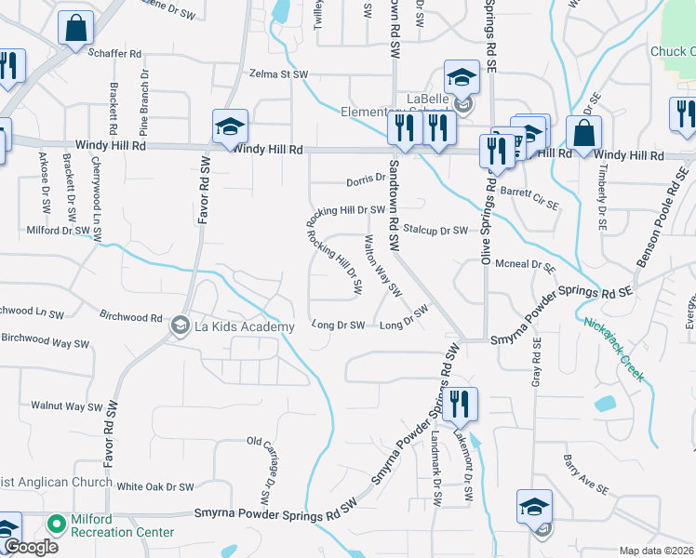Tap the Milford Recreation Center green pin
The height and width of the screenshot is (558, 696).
tap(57, 525)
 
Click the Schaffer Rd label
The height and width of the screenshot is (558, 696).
tap(114, 55)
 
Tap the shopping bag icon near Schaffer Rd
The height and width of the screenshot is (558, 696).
tap(75, 29)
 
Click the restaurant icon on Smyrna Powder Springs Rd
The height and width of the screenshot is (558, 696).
tap(460, 405)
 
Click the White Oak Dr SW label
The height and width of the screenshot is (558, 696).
tap(155, 486)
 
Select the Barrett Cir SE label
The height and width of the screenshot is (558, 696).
tap(530, 197)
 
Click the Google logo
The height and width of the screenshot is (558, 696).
tap(30, 547)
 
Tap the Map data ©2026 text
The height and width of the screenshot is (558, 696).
tap(655, 551)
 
